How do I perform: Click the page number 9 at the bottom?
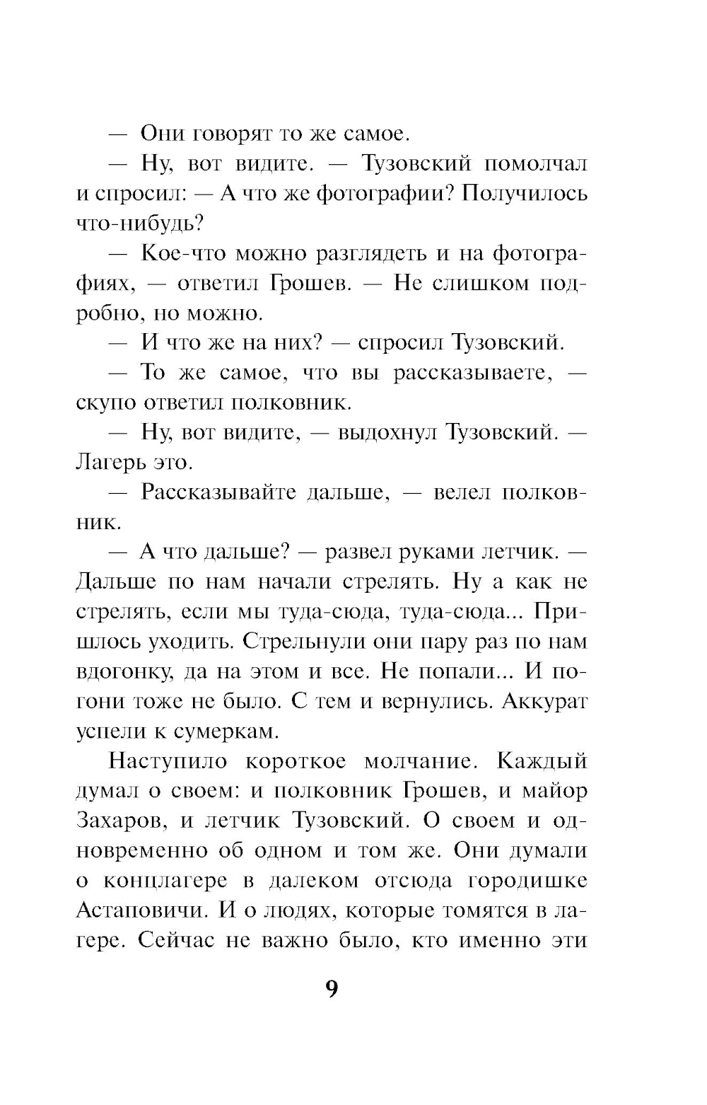point(332,988)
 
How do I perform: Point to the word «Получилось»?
point(525,193)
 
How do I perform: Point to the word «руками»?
point(427,552)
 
